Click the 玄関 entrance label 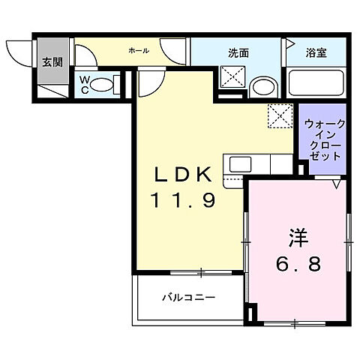[51, 61]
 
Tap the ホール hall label [138, 51]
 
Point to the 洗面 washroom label [238, 52]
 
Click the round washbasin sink [261, 86]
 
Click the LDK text [184, 175]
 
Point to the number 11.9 [184, 200]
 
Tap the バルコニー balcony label [189, 298]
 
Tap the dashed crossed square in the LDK [280, 116]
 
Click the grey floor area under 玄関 [52, 86]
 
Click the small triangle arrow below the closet [337, 182]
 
